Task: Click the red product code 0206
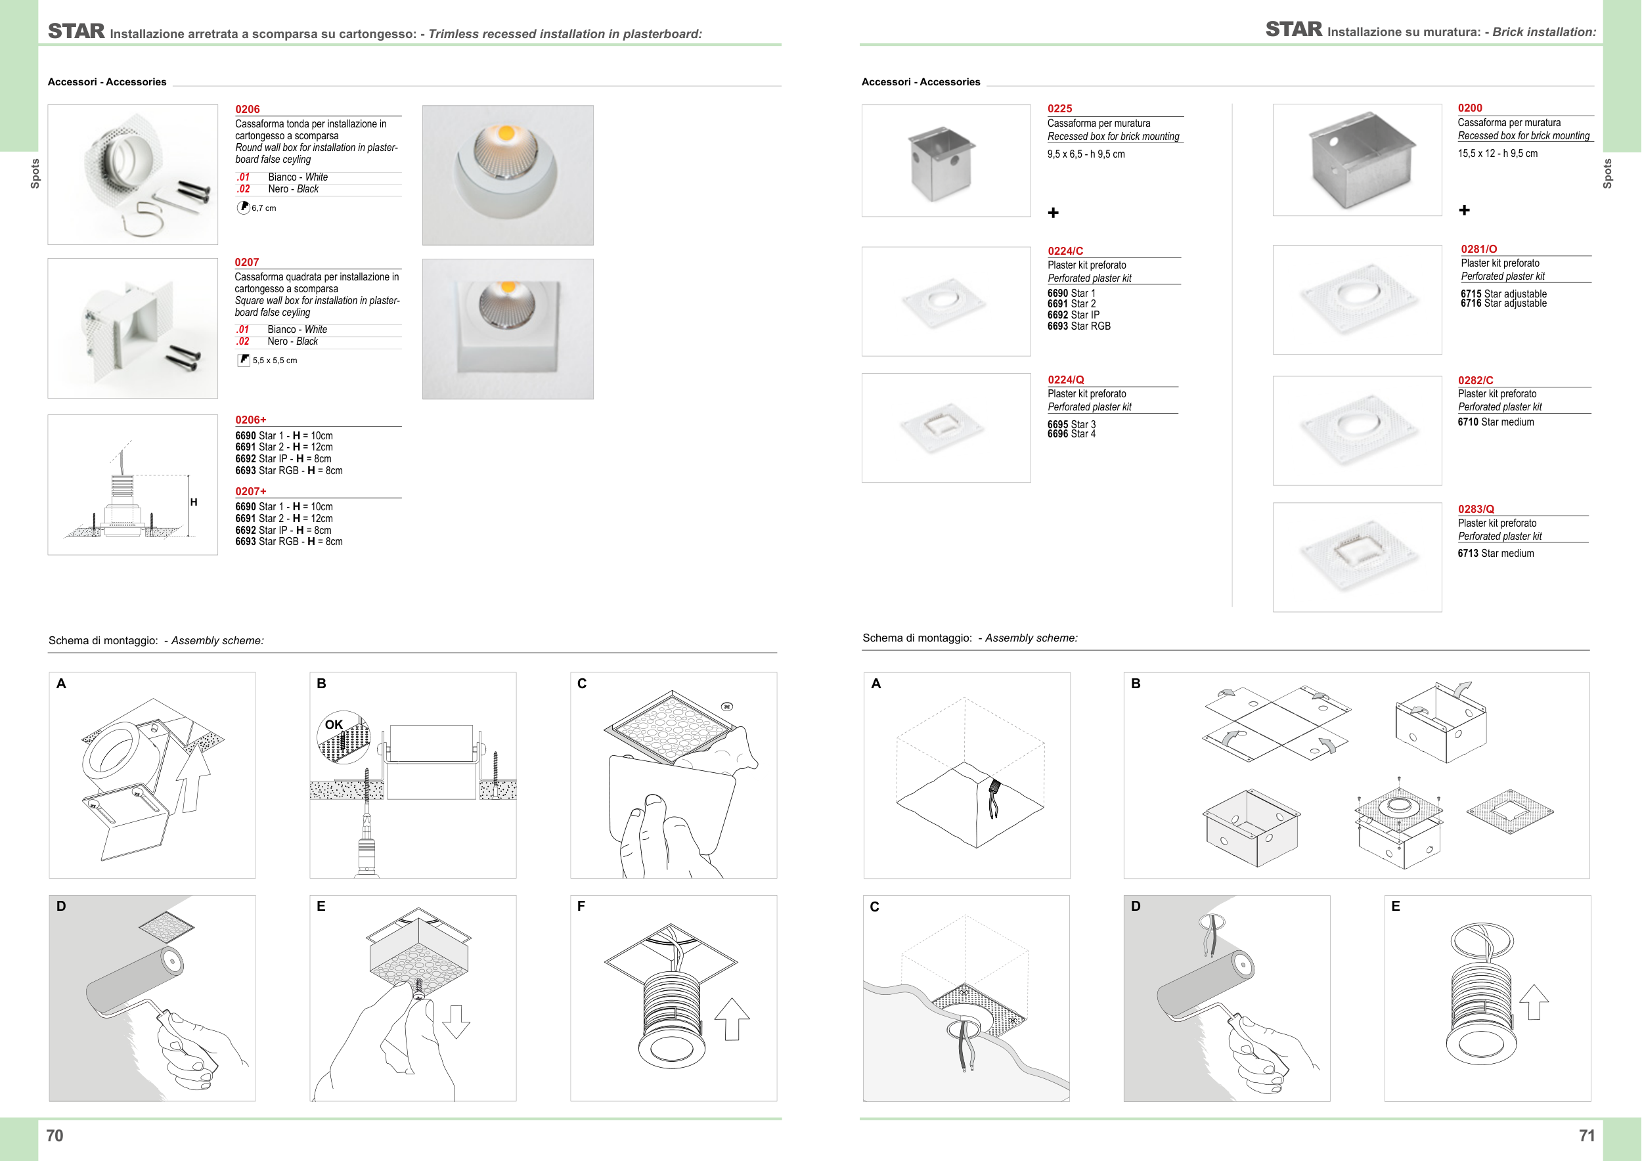[248, 110]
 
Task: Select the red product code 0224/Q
[1065, 380]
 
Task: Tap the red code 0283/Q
[1476, 509]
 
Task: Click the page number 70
[55, 1136]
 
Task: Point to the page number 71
[1587, 1136]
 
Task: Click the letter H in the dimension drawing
[194, 502]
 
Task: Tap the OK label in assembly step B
[334, 724]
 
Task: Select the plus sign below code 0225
[1053, 212]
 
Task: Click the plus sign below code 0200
[1464, 210]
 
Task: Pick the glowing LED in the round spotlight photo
[506, 133]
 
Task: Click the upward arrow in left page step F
[732, 1019]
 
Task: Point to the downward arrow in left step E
[456, 1021]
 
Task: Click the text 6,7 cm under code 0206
[264, 208]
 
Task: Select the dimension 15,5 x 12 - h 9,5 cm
[1498, 154]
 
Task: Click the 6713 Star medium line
[1496, 554]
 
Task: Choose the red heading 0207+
[250, 491]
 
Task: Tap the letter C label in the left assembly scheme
[582, 684]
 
